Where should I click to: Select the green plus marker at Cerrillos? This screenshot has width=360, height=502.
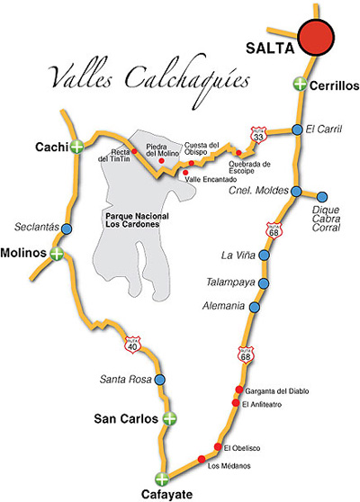pyautogui.click(x=300, y=85)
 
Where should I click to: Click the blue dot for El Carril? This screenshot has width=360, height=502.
pyautogui.click(x=297, y=130)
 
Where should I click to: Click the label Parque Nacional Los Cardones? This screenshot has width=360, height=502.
pyautogui.click(x=131, y=220)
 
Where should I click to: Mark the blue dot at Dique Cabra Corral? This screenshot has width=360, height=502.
pyautogui.click(x=322, y=197)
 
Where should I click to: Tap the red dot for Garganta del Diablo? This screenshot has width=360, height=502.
pyautogui.click(x=239, y=390)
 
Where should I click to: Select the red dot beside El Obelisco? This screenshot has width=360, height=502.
pyautogui.click(x=218, y=446)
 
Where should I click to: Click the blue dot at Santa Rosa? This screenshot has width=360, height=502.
pyautogui.click(x=159, y=380)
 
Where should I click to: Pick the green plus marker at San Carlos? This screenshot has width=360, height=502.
pyautogui.click(x=168, y=418)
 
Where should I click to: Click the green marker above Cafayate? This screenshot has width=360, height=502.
pyautogui.click(x=161, y=479)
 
